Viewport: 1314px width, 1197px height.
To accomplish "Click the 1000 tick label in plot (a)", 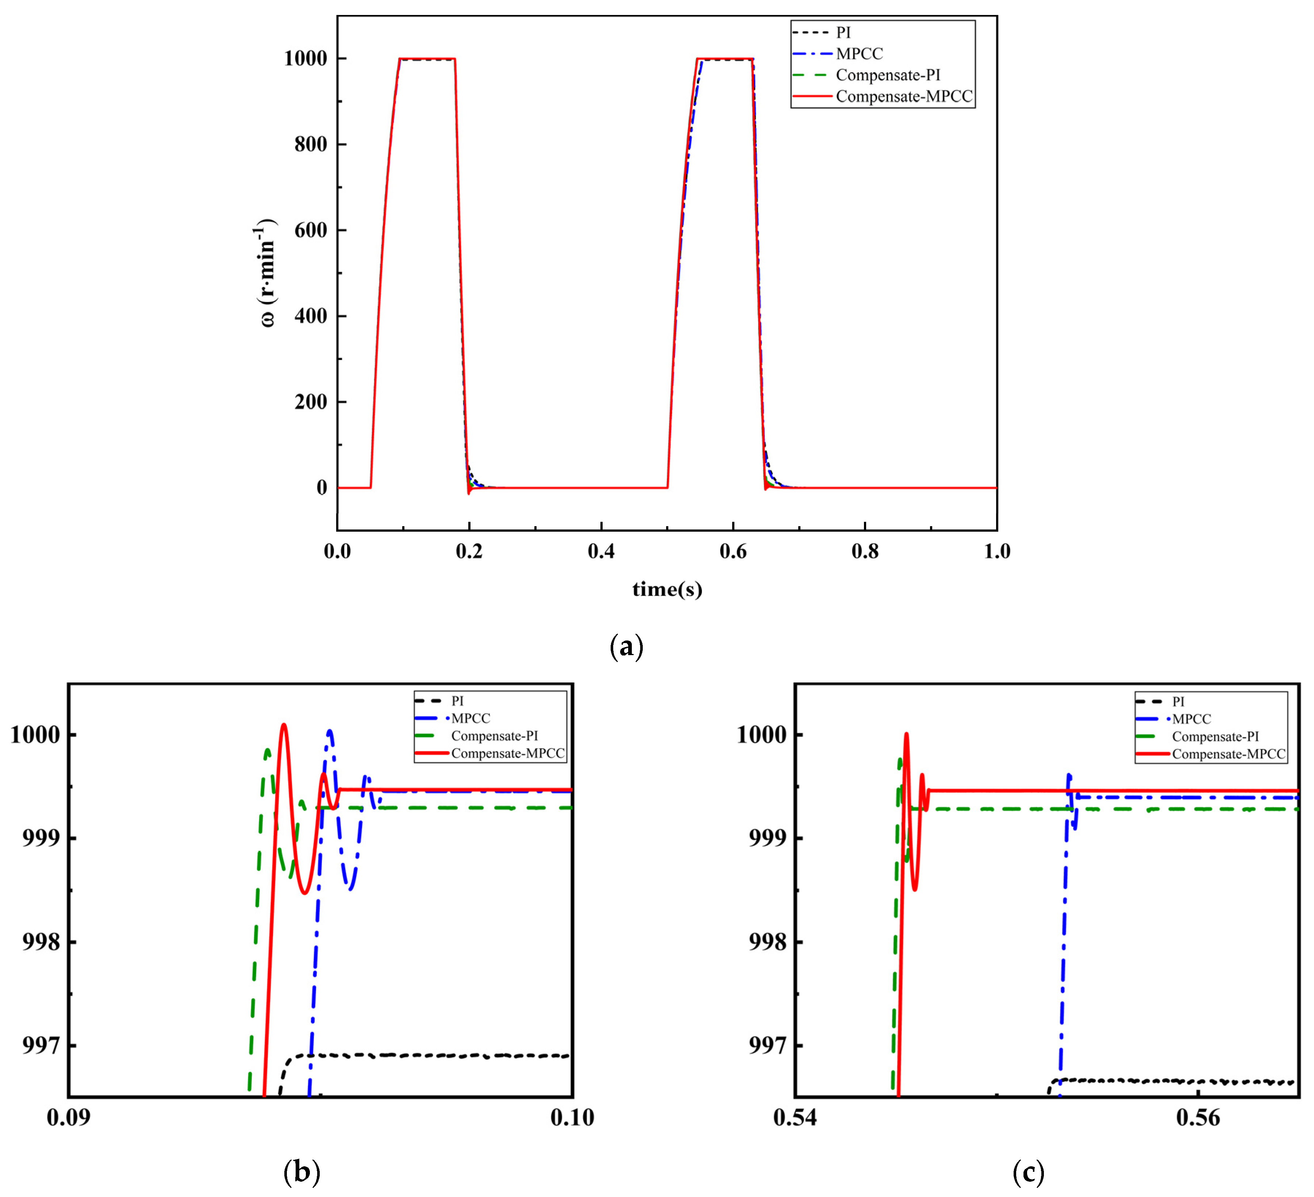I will coord(305,59).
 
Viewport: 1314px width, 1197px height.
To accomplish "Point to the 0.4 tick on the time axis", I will coord(600,551).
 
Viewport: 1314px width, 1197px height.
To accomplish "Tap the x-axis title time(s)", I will coord(667,589).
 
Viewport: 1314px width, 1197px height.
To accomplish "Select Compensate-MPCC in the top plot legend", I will coord(903,96).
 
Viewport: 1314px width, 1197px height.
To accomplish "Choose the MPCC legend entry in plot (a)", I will coord(859,53).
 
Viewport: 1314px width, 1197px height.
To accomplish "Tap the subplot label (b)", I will coord(302,1171).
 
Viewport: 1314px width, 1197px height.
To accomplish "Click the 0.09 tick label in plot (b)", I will coord(69,1117).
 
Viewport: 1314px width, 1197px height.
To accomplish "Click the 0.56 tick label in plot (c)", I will coord(1198,1117).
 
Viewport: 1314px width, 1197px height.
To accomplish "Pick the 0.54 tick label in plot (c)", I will coord(795,1117).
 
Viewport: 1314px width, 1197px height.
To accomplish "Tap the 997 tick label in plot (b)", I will coord(41,1046).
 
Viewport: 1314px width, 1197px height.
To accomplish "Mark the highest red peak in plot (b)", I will coord(284,725).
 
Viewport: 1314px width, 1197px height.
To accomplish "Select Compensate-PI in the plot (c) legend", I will coord(1215,737).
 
